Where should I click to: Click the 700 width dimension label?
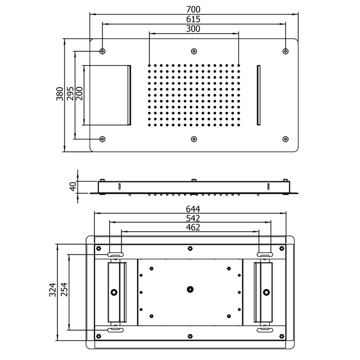(194, 10)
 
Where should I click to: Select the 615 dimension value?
(194, 19)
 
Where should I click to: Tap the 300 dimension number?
(194, 29)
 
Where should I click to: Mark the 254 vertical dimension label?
(64, 290)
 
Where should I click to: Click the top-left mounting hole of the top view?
(102, 51)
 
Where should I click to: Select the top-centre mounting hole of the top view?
(194, 51)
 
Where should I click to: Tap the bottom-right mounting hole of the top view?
(286, 138)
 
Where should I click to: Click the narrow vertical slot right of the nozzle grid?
(259, 94)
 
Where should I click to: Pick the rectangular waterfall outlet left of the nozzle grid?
(107, 94)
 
